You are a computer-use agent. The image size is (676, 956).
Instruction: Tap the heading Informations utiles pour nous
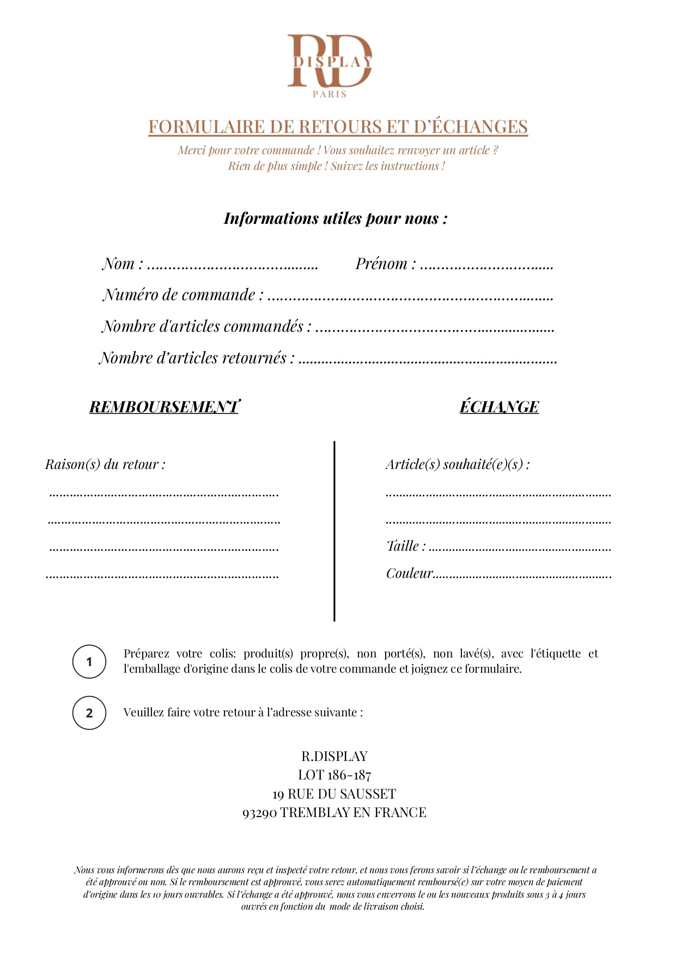tap(335, 218)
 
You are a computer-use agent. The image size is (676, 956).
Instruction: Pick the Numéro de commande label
tap(183, 295)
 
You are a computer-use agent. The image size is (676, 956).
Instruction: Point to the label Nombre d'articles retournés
tap(197, 358)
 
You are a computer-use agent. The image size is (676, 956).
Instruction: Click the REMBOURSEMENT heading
tap(164, 407)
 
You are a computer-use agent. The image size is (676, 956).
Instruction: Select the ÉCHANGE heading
tap(499, 407)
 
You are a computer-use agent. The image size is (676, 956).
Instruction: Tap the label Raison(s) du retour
tap(105, 465)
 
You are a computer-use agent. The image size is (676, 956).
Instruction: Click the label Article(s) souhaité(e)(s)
tap(458, 465)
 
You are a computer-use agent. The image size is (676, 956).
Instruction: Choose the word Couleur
tap(409, 574)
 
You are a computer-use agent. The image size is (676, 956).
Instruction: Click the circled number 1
tap(89, 662)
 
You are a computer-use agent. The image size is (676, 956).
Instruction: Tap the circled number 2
tap(89, 713)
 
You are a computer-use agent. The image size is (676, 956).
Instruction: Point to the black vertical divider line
tap(334, 531)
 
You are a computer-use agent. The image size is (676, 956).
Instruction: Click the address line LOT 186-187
tap(334, 775)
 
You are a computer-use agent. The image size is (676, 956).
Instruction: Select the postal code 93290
tap(260, 813)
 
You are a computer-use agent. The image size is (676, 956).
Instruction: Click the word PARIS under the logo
tap(330, 94)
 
